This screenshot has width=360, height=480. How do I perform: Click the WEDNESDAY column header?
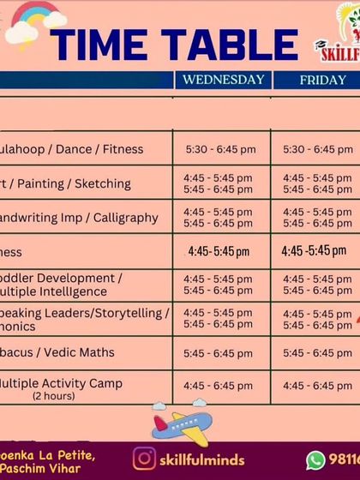click(222, 80)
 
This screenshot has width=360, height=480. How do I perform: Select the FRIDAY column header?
click(316, 80)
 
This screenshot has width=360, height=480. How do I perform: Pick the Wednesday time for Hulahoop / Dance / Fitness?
click(220, 149)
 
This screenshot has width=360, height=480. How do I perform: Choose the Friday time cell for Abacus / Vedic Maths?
click(316, 353)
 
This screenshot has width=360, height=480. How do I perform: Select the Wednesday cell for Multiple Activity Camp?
click(219, 386)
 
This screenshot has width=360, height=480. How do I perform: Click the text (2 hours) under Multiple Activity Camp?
click(54, 397)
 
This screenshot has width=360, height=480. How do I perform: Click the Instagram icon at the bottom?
click(145, 459)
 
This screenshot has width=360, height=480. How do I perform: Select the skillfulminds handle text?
click(202, 459)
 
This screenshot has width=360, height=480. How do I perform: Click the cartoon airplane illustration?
click(180, 423)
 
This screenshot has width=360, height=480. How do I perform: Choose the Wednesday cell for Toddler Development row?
click(219, 285)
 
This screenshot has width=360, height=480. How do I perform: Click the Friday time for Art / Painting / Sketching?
click(316, 183)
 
